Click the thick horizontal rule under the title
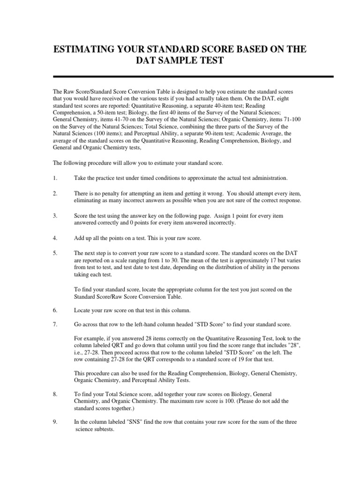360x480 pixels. pyautogui.click(x=194, y=76)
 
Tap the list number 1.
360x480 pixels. pyautogui.click(x=55, y=179)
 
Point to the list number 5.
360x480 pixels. pyautogui.click(x=55, y=253)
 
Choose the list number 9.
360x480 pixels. pyautogui.click(x=55, y=422)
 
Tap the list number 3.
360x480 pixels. pyautogui.click(x=55, y=216)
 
